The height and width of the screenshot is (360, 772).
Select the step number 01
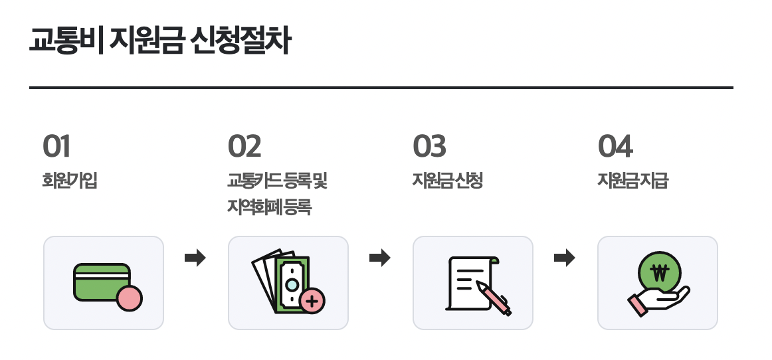pyautogui.click(x=56, y=147)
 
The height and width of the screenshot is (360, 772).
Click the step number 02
pyautogui.click(x=244, y=147)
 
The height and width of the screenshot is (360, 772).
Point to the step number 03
pyautogui.click(x=429, y=147)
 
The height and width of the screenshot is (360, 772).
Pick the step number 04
pyautogui.click(x=615, y=147)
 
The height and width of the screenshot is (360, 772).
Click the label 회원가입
pyautogui.click(x=70, y=181)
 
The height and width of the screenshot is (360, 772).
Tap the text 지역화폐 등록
pyautogui.click(x=270, y=208)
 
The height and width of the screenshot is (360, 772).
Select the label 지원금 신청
pyautogui.click(x=448, y=181)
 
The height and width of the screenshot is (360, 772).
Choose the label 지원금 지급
pyautogui.click(x=632, y=181)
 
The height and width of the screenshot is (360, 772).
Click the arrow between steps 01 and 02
pyautogui.click(x=195, y=258)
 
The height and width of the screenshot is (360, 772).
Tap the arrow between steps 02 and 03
pyautogui.click(x=379, y=258)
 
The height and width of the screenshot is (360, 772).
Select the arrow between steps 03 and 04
pyautogui.click(x=564, y=258)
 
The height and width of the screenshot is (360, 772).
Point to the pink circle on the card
pyautogui.click(x=129, y=298)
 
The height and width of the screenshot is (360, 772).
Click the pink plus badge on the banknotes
pyautogui.click(x=312, y=301)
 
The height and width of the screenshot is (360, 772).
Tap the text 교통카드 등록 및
pyautogui.click(x=278, y=181)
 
